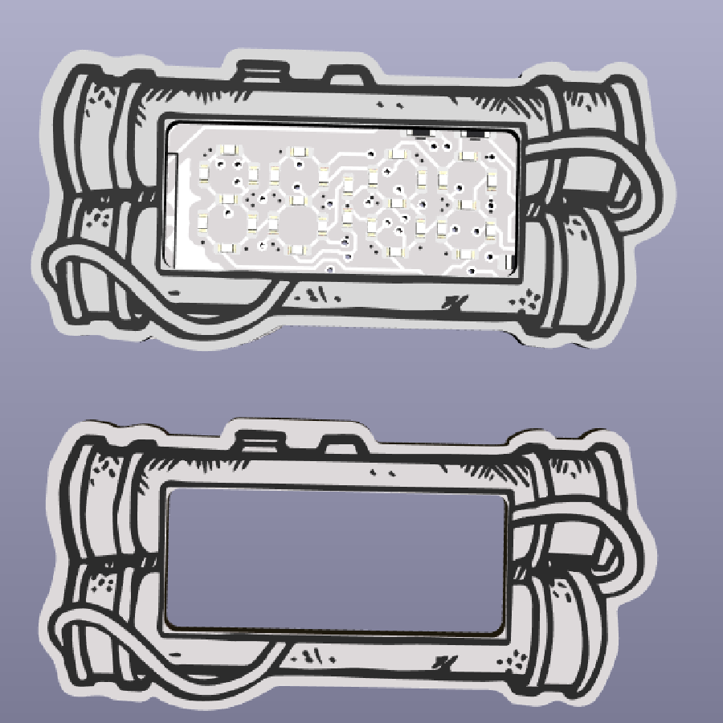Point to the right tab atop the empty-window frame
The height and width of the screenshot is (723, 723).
pos(341,445)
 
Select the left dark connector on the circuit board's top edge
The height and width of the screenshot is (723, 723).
pos(419,129)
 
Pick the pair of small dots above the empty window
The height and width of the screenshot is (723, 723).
pos(385,466)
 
